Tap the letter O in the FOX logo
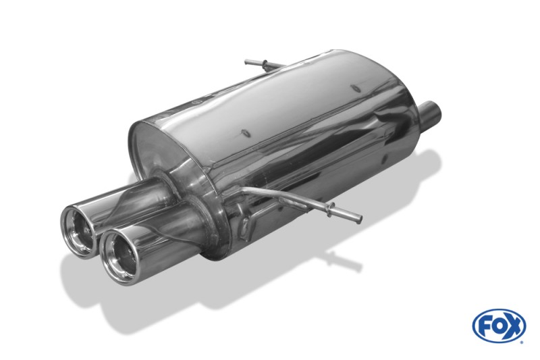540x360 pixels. tap(498, 326)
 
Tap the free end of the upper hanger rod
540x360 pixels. tap(246, 62)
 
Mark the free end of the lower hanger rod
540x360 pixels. tap(359, 219)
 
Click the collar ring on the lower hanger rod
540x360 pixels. tap(331, 209)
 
